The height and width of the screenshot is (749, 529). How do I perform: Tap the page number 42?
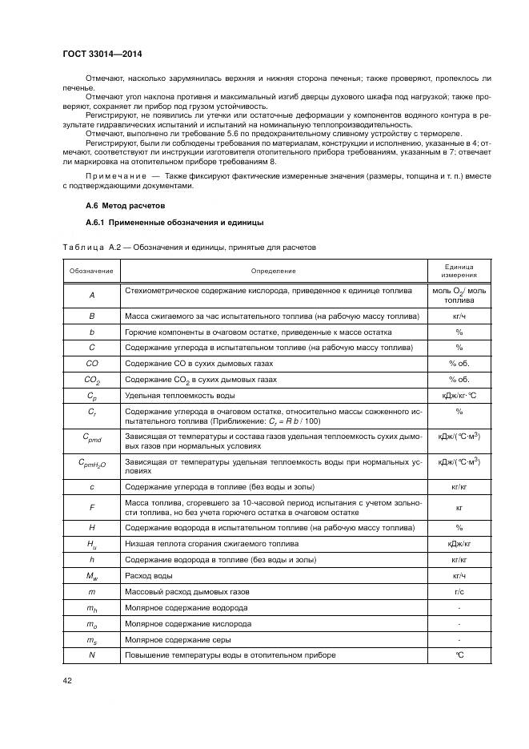click(67, 681)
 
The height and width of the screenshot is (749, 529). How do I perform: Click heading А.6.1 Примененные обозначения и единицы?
click(162, 222)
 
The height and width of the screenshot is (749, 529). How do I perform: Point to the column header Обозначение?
click(91, 272)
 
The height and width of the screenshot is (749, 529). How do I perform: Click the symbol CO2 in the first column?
click(92, 380)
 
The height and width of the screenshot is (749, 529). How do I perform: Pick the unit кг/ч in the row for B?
click(459, 316)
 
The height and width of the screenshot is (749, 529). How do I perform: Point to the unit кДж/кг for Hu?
click(459, 544)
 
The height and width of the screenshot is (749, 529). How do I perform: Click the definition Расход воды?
click(147, 575)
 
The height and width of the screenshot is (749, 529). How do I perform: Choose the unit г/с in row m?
click(459, 591)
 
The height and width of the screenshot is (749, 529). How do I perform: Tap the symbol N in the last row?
click(92, 654)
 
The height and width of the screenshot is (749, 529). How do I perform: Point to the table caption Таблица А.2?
click(90, 248)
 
